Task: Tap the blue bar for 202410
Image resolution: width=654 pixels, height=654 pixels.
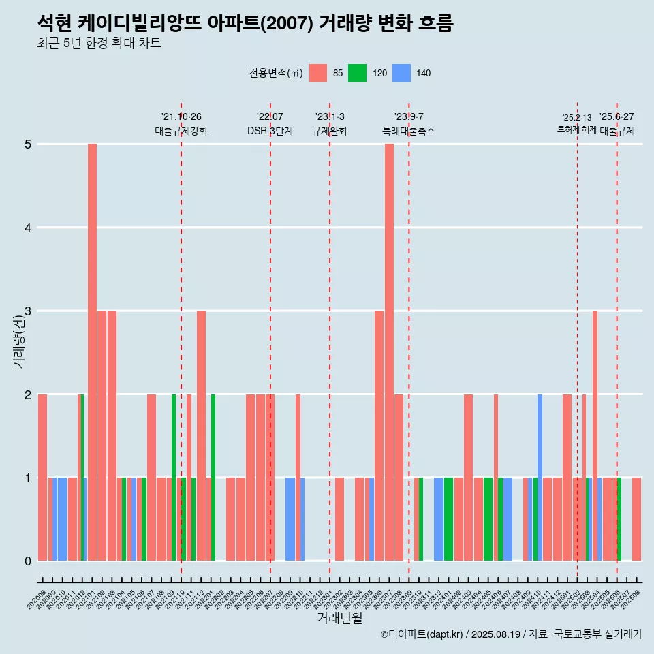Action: click(x=540, y=477)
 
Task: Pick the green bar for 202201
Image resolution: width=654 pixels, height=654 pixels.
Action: click(x=213, y=477)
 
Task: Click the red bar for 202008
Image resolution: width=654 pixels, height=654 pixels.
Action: click(x=42, y=477)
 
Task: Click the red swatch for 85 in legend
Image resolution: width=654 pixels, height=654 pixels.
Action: click(x=318, y=73)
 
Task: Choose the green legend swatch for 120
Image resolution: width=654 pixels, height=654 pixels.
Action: click(x=357, y=73)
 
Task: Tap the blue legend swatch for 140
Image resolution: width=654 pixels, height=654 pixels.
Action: click(x=402, y=73)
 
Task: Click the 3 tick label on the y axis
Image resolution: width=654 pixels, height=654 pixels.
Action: click(x=28, y=311)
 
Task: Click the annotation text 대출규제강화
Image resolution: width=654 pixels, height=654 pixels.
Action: click(x=181, y=131)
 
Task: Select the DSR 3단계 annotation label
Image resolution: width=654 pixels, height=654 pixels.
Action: click(x=270, y=131)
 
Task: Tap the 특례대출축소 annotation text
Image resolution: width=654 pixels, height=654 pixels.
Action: click(x=409, y=131)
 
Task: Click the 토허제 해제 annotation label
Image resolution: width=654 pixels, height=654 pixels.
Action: click(x=576, y=129)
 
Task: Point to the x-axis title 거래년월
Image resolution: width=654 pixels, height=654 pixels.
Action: click(x=339, y=618)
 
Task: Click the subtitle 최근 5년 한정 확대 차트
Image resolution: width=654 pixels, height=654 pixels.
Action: click(x=99, y=44)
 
